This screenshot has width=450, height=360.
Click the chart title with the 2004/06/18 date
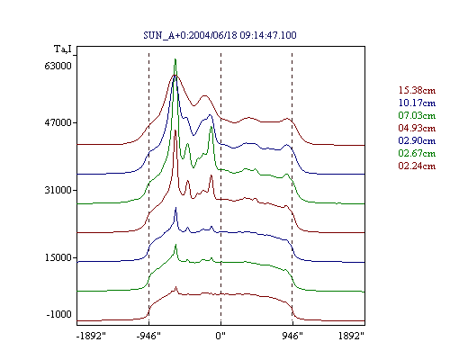click(220, 35)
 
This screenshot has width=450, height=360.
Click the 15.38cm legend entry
click(417, 90)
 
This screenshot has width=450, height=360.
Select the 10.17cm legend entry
click(417, 103)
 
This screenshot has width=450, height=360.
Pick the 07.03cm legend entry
click(417, 115)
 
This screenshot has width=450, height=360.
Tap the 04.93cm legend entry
click(417, 128)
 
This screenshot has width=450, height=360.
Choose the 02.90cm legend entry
click(417, 140)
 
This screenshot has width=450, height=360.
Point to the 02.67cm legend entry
click(417, 153)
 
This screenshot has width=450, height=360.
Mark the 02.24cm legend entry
click(417, 166)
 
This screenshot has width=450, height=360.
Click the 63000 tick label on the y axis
click(58, 66)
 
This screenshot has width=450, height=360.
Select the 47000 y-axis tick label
click(58, 122)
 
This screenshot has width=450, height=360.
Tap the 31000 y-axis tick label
click(58, 190)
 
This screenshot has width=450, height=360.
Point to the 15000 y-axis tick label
click(58, 257)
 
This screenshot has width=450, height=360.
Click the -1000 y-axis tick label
click(59, 314)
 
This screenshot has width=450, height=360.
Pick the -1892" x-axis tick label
click(91, 336)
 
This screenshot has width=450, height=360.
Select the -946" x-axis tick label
click(148, 336)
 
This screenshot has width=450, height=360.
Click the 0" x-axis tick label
click(220, 336)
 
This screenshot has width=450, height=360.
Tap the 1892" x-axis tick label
click(351, 336)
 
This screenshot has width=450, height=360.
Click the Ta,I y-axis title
click(63, 49)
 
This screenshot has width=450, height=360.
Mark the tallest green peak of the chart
click(175, 59)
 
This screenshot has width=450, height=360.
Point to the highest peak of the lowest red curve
click(176, 287)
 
